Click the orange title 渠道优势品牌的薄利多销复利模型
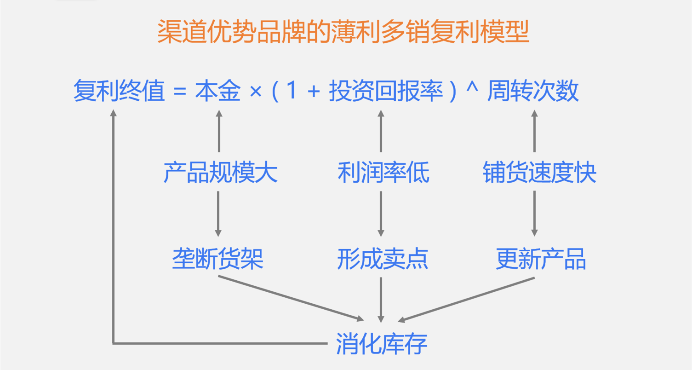[x=343, y=32]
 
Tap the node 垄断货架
[x=218, y=260]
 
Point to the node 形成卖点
[x=383, y=260]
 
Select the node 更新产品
[x=541, y=260]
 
